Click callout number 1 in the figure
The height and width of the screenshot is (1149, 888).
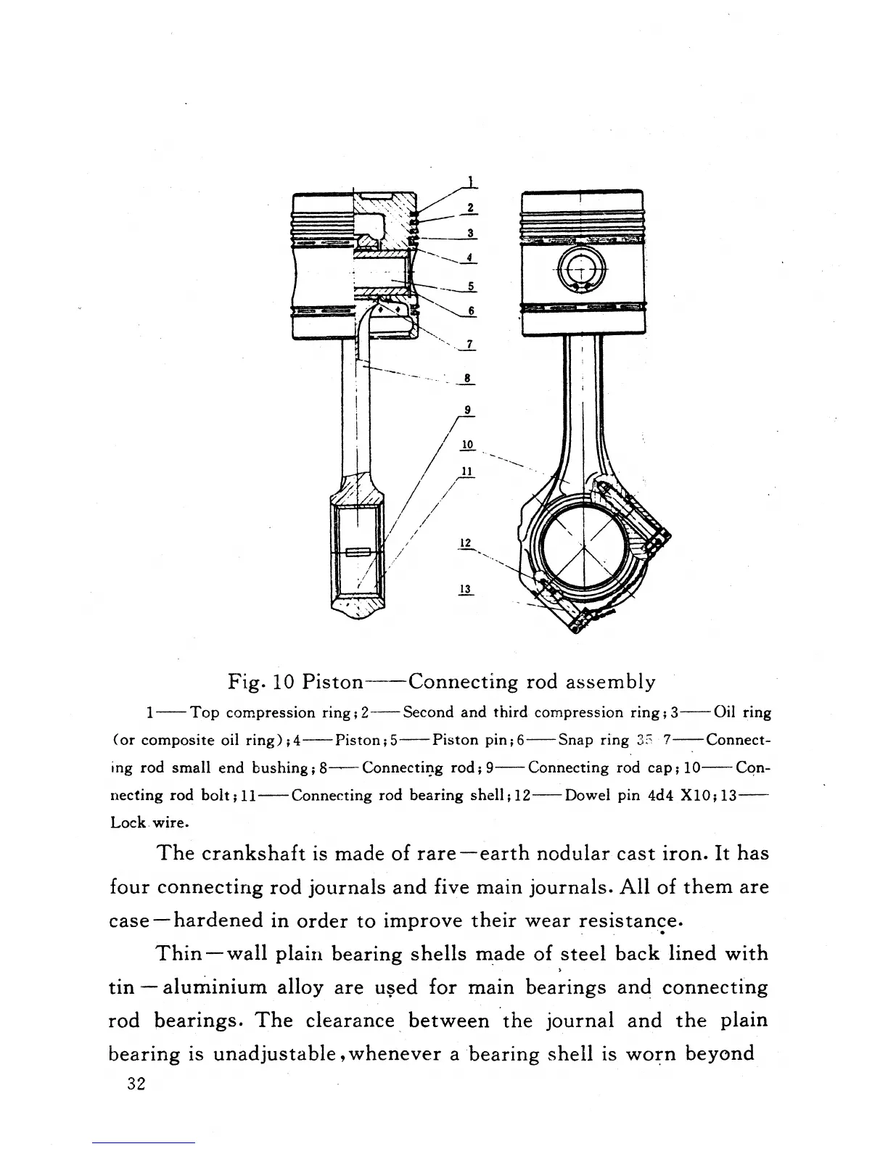coord(470,181)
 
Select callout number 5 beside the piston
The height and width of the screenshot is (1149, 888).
coord(471,286)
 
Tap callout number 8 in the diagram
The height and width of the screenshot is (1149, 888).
coord(468,378)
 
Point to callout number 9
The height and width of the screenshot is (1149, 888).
coord(468,410)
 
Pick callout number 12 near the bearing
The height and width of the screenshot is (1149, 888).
coord(466,543)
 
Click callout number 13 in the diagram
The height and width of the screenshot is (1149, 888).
coord(466,589)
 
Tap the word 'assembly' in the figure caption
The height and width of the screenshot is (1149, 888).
coord(610,683)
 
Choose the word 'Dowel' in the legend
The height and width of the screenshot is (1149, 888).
coord(588,795)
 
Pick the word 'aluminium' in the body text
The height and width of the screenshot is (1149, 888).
coord(215,987)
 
